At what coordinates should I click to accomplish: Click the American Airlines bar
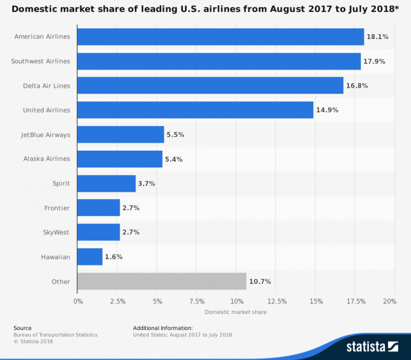pos(220,36)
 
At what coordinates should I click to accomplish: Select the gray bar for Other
pos(162,281)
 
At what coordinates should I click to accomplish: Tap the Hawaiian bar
pos(90,257)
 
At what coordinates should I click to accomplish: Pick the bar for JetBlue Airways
pos(120,134)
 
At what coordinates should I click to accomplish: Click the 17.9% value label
pos(374,61)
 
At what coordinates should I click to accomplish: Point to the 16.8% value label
pos(357,86)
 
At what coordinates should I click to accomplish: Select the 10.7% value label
pos(260,281)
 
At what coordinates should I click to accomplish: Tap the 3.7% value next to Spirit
pos(147,183)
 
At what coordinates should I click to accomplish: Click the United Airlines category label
pos(47,110)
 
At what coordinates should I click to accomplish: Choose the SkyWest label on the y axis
pos(56,232)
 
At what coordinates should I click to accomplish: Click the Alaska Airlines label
pos(47,159)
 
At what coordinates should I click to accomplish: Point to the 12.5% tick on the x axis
pos(276,301)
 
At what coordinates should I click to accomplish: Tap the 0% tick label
pos(78,301)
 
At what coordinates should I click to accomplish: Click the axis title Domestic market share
pos(235,312)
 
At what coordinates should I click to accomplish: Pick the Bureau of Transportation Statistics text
pos(56,335)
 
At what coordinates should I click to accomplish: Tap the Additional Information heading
pos(163,328)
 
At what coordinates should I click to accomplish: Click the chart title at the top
pos(205,9)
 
